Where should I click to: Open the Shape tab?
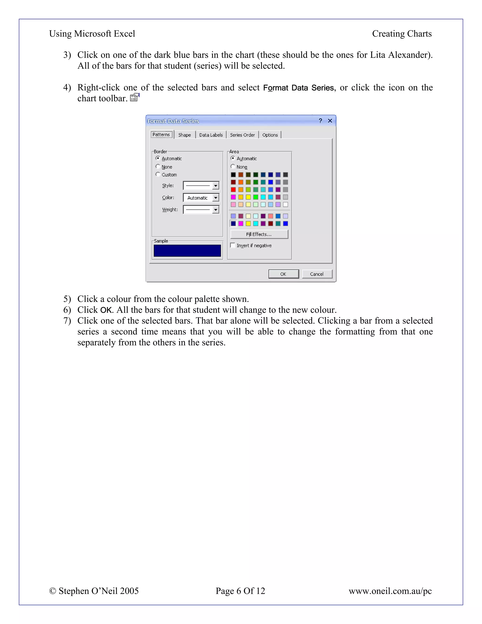tap(185, 135)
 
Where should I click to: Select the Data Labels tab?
tap(211, 135)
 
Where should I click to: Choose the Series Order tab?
tap(242, 135)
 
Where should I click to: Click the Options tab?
tap(270, 135)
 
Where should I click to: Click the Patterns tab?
tap(161, 134)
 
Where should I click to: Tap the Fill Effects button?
tap(259, 234)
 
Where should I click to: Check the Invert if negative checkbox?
tap(233, 245)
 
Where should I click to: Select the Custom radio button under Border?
tap(158, 174)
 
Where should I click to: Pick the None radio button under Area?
tap(233, 166)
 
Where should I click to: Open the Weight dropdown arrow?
tap(216, 210)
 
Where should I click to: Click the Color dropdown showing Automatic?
tap(201, 198)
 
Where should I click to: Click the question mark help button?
tap(320, 121)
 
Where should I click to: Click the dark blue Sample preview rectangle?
tap(187, 251)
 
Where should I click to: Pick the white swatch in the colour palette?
tap(285, 205)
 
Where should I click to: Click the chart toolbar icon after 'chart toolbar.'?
tap(134, 98)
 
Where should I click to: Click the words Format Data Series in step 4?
tap(298, 88)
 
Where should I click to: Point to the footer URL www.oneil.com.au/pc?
tap(390, 591)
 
